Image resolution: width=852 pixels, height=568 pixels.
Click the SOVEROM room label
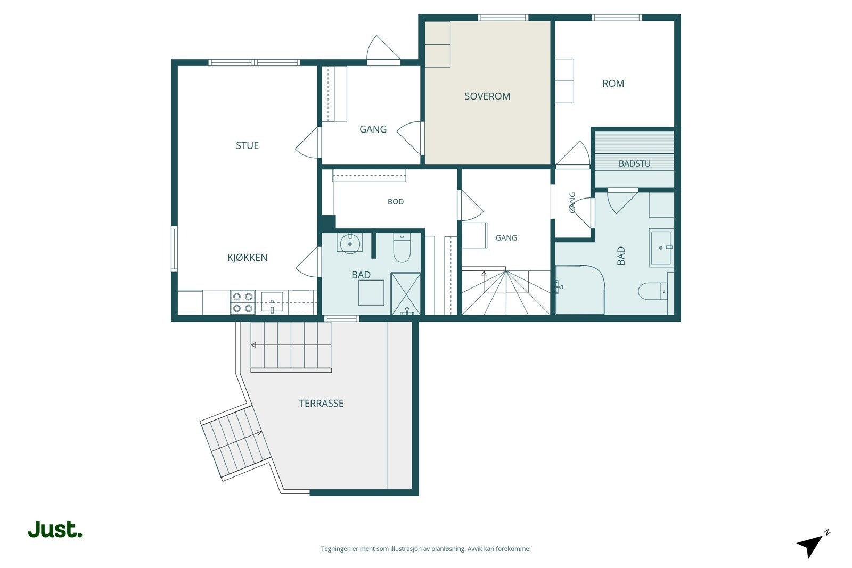tap(487, 96)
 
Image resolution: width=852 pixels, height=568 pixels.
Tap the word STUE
tap(247, 145)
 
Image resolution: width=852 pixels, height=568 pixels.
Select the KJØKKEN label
tap(247, 258)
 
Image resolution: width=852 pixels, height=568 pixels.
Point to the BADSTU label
tap(634, 163)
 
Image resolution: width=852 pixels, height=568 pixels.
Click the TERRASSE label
tap(322, 404)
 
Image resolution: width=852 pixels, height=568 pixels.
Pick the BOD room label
tap(396, 202)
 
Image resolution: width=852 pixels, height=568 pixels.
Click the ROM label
tap(613, 83)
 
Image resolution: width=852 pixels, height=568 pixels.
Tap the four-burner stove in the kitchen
tap(243, 302)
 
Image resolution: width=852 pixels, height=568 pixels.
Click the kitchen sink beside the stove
tap(272, 302)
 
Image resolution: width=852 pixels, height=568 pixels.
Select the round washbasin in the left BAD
tap(350, 244)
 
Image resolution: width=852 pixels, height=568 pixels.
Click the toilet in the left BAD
tap(402, 248)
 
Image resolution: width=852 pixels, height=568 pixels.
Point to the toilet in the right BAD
tap(653, 291)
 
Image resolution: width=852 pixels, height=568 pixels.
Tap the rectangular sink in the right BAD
tap(661, 248)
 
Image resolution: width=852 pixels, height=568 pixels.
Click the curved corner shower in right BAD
tap(580, 290)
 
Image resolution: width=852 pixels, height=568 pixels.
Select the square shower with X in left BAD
tap(406, 294)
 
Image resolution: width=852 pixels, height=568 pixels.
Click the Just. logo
tap(55, 530)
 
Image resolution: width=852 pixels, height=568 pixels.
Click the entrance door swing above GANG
tap(383, 48)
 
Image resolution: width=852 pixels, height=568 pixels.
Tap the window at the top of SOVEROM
tap(503, 18)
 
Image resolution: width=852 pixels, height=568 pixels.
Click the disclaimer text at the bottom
tap(425, 549)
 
